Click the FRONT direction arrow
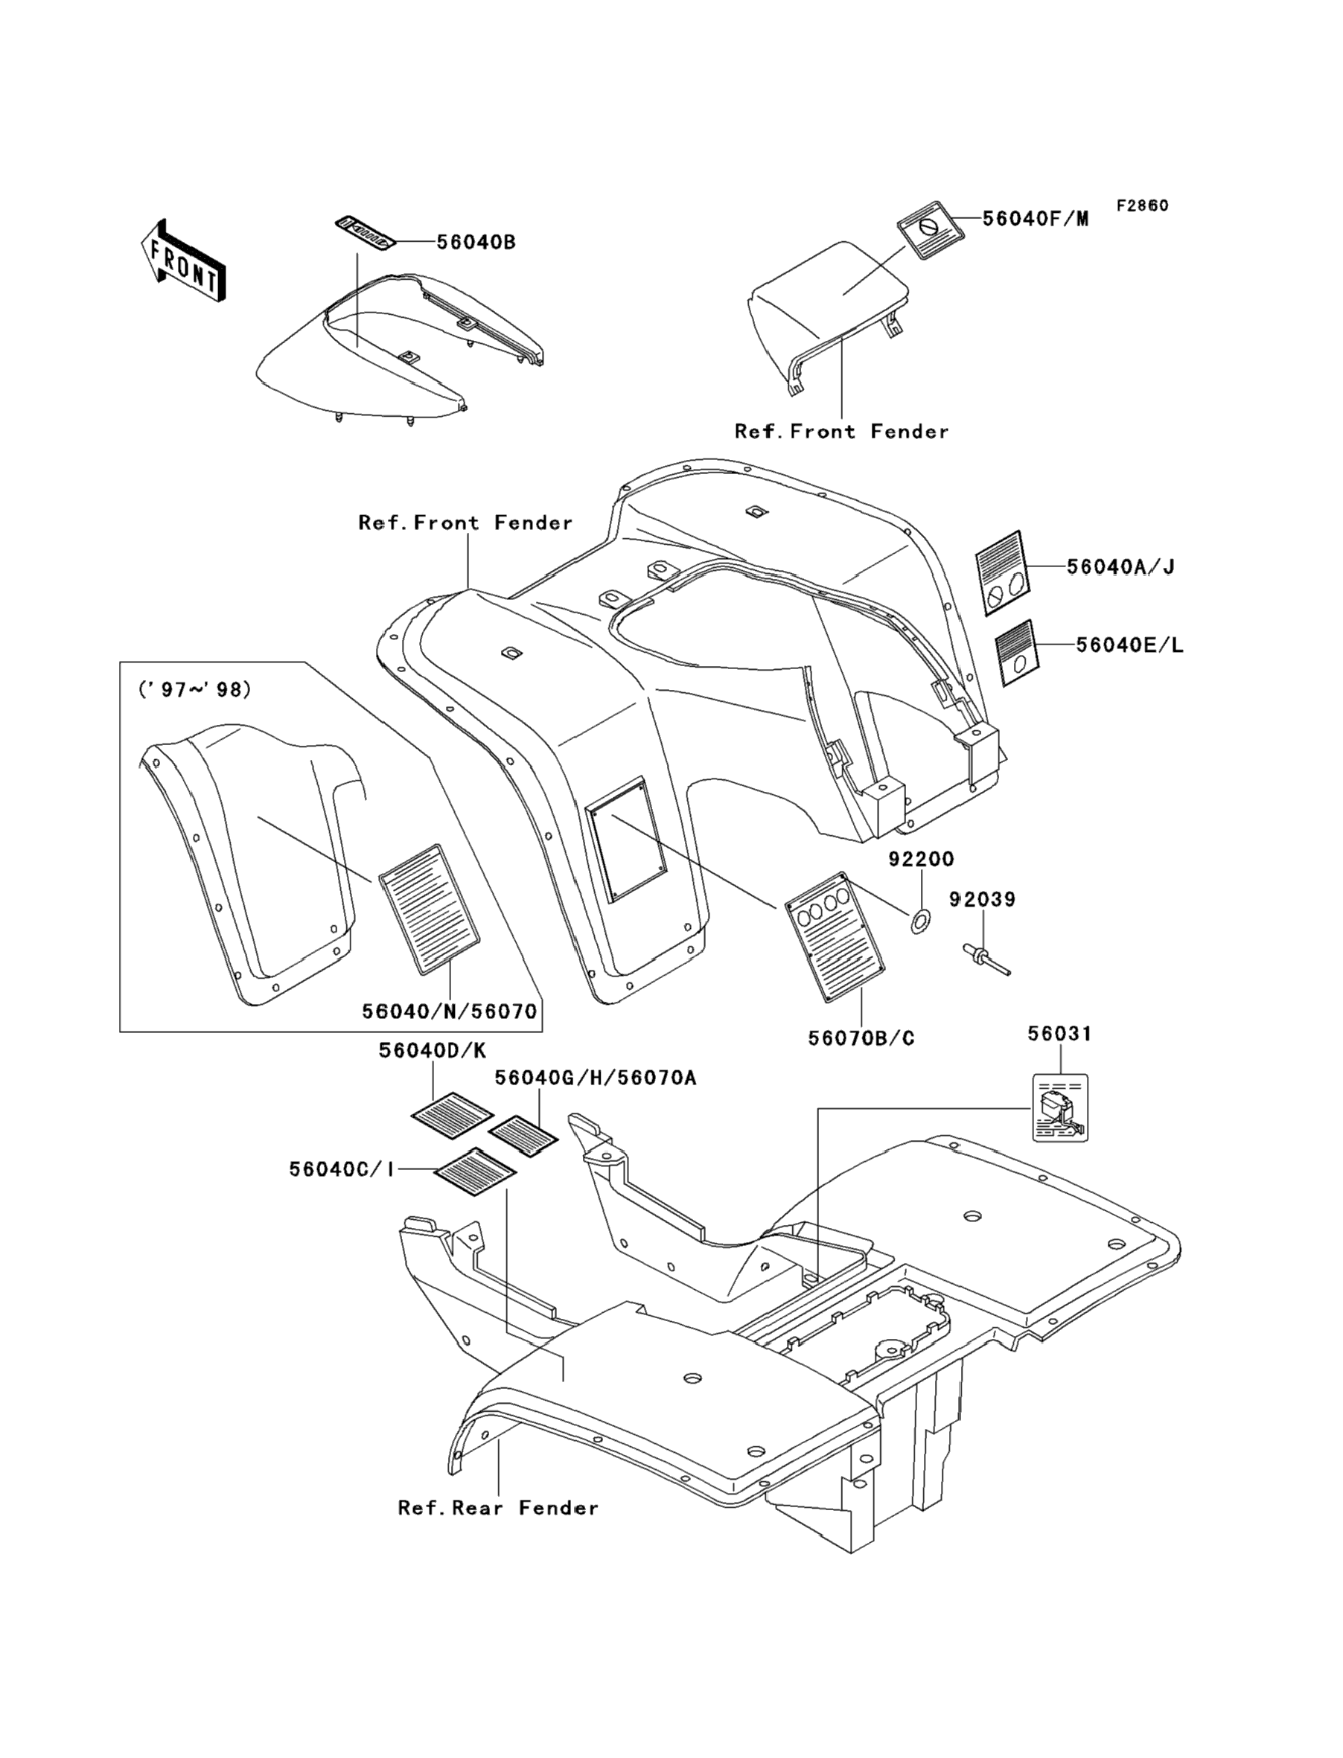[x=183, y=262]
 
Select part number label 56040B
[x=476, y=242]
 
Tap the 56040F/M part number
[x=1036, y=219]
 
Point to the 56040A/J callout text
[x=1120, y=567]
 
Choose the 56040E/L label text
[x=1129, y=645]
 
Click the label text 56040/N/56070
[x=449, y=1011]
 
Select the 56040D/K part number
[x=433, y=1052]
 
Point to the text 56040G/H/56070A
[x=595, y=1078]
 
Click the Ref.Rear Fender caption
[x=498, y=1508]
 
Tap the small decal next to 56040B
[x=366, y=234]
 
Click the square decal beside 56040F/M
[x=930, y=231]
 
